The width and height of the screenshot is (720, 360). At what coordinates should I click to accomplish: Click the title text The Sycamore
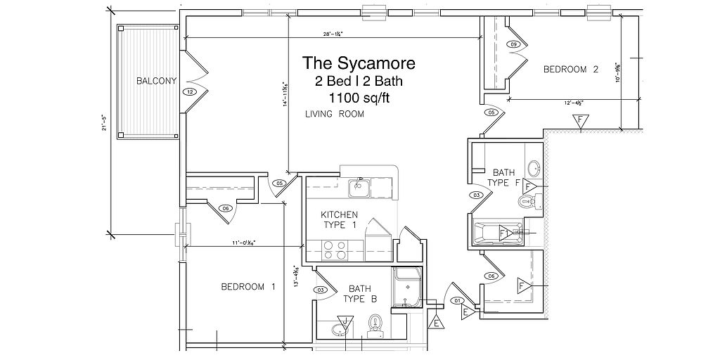359,63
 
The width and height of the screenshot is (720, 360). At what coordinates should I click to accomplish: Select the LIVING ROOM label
335,114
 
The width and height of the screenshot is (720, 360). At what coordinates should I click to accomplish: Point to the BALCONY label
156,81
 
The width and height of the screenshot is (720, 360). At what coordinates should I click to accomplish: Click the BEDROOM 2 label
571,69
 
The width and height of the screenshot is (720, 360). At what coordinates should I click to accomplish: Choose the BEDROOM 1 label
248,286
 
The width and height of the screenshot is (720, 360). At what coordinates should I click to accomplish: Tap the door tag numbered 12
190,91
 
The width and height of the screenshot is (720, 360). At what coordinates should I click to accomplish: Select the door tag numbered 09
514,45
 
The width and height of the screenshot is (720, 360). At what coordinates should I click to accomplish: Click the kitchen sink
360,188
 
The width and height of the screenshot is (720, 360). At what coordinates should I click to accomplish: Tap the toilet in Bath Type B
375,324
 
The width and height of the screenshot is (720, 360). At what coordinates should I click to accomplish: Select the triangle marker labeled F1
504,233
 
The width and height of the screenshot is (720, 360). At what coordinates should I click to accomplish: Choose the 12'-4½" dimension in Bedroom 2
574,102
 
